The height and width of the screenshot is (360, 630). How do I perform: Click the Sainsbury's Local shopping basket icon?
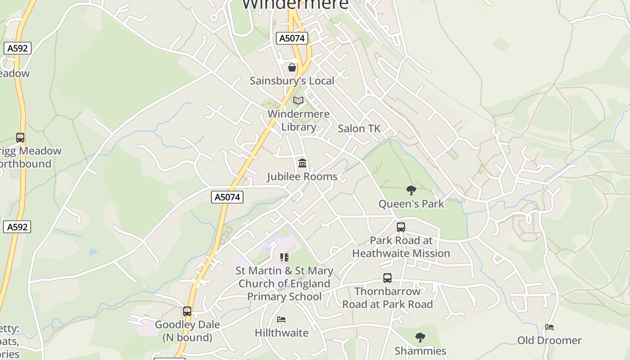[x=292, y=68]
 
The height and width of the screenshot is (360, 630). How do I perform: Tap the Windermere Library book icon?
[x=298, y=101]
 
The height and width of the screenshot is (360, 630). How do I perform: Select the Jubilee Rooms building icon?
[x=302, y=163]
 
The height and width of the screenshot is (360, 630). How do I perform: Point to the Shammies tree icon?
[x=420, y=337]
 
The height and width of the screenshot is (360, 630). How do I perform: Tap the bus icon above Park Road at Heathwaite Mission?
[x=401, y=227]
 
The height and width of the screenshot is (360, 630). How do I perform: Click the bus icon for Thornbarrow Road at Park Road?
[x=387, y=278]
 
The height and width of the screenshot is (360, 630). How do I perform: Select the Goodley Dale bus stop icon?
[x=187, y=311]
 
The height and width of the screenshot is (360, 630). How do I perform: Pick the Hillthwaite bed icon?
[x=281, y=320]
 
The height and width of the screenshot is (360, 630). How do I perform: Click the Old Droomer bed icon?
[x=549, y=327]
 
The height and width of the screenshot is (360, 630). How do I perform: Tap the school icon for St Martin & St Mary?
[x=284, y=257]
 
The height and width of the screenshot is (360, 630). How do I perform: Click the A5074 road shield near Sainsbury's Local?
[x=292, y=38]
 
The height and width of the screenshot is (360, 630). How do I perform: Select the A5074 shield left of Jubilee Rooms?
[x=227, y=197]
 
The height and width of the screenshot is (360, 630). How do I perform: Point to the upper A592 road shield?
[x=18, y=48]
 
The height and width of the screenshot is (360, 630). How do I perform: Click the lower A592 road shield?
[x=18, y=227]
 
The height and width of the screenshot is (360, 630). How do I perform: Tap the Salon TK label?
[x=359, y=129]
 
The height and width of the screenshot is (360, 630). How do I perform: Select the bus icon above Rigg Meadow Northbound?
[x=20, y=138]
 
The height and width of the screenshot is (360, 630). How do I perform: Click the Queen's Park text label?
[x=411, y=204]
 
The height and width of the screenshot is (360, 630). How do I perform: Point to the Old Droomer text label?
[x=549, y=340]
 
